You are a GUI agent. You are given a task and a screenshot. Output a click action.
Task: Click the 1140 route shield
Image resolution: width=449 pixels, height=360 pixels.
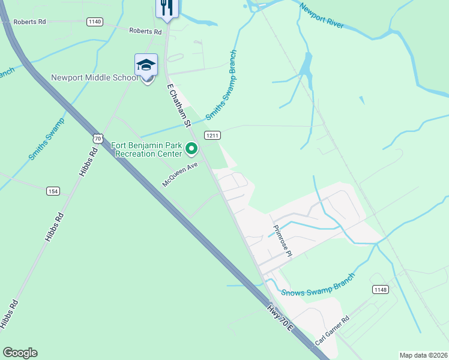(x=94, y=22)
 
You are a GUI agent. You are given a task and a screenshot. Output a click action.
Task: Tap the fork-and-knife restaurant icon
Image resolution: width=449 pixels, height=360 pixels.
(x=166, y=7)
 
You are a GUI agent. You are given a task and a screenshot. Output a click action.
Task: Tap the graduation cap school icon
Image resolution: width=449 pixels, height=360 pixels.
(x=146, y=65)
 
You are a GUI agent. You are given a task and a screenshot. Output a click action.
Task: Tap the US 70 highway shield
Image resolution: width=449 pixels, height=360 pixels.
(x=98, y=139)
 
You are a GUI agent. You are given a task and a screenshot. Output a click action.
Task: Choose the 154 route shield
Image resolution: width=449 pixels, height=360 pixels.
(x=53, y=191)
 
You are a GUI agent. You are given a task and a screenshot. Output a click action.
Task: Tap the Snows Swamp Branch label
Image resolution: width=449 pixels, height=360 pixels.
(x=318, y=286)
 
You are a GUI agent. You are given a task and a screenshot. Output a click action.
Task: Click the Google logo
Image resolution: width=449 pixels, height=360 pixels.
(x=20, y=353)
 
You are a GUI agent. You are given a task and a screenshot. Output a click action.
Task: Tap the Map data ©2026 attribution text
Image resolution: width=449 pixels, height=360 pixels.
(x=424, y=355)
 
